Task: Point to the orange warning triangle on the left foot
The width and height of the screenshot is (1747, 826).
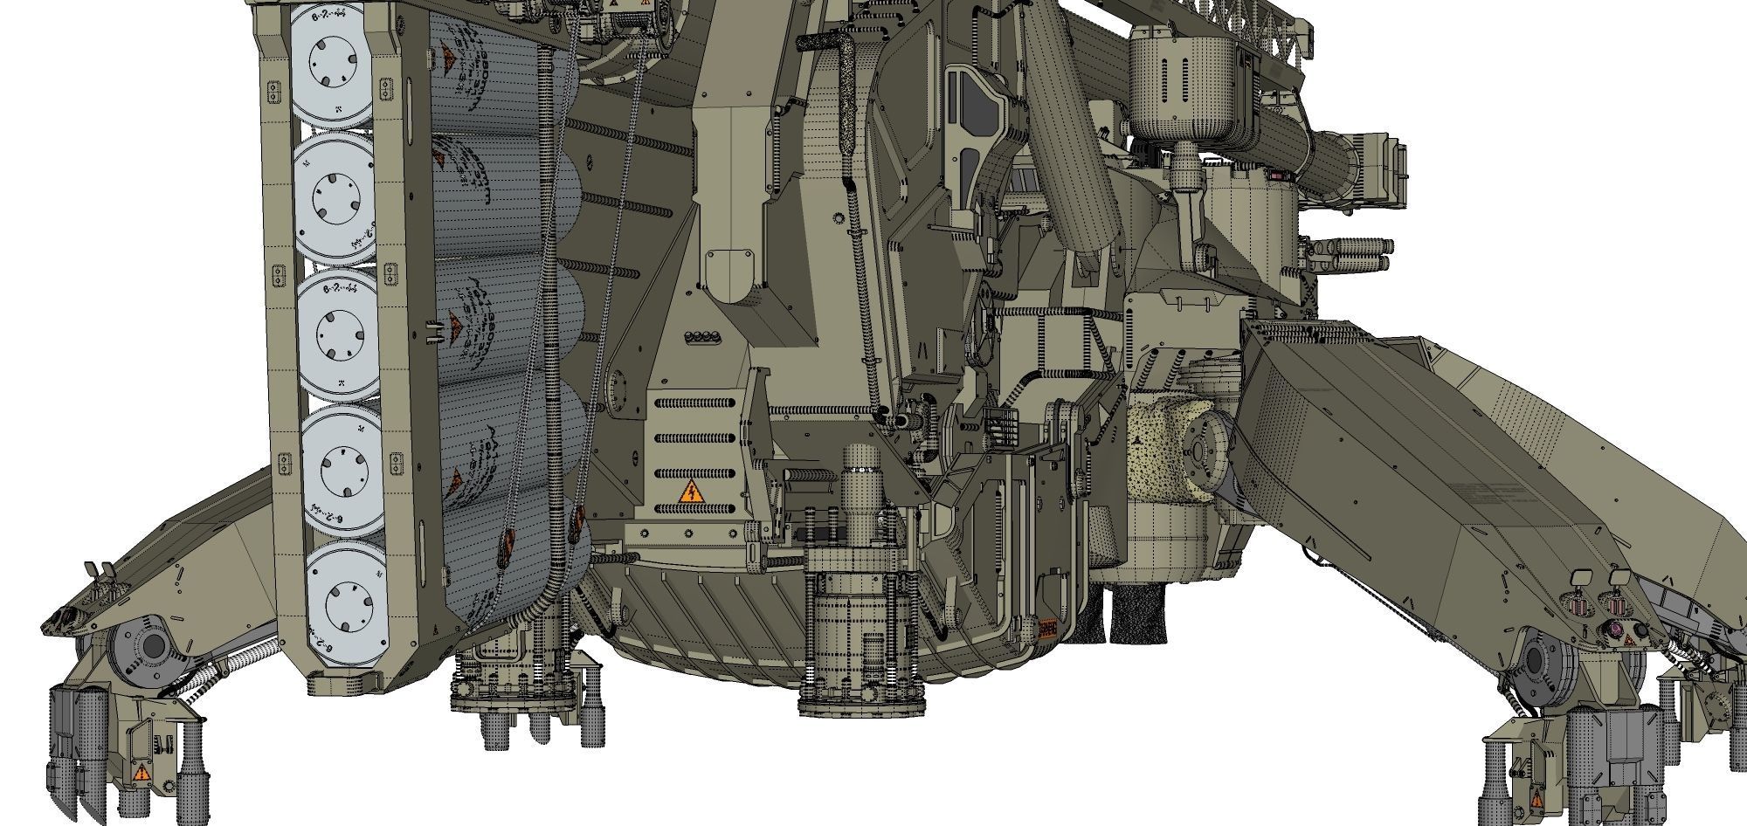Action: [142, 772]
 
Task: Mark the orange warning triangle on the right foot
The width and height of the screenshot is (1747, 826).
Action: [1535, 798]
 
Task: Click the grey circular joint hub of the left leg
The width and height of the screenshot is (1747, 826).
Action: [148, 647]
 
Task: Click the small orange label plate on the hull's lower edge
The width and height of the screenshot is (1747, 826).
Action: [1047, 628]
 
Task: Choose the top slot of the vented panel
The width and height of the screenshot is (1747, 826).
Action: [694, 404]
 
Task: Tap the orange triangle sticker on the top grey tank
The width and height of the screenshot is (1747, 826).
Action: [446, 59]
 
